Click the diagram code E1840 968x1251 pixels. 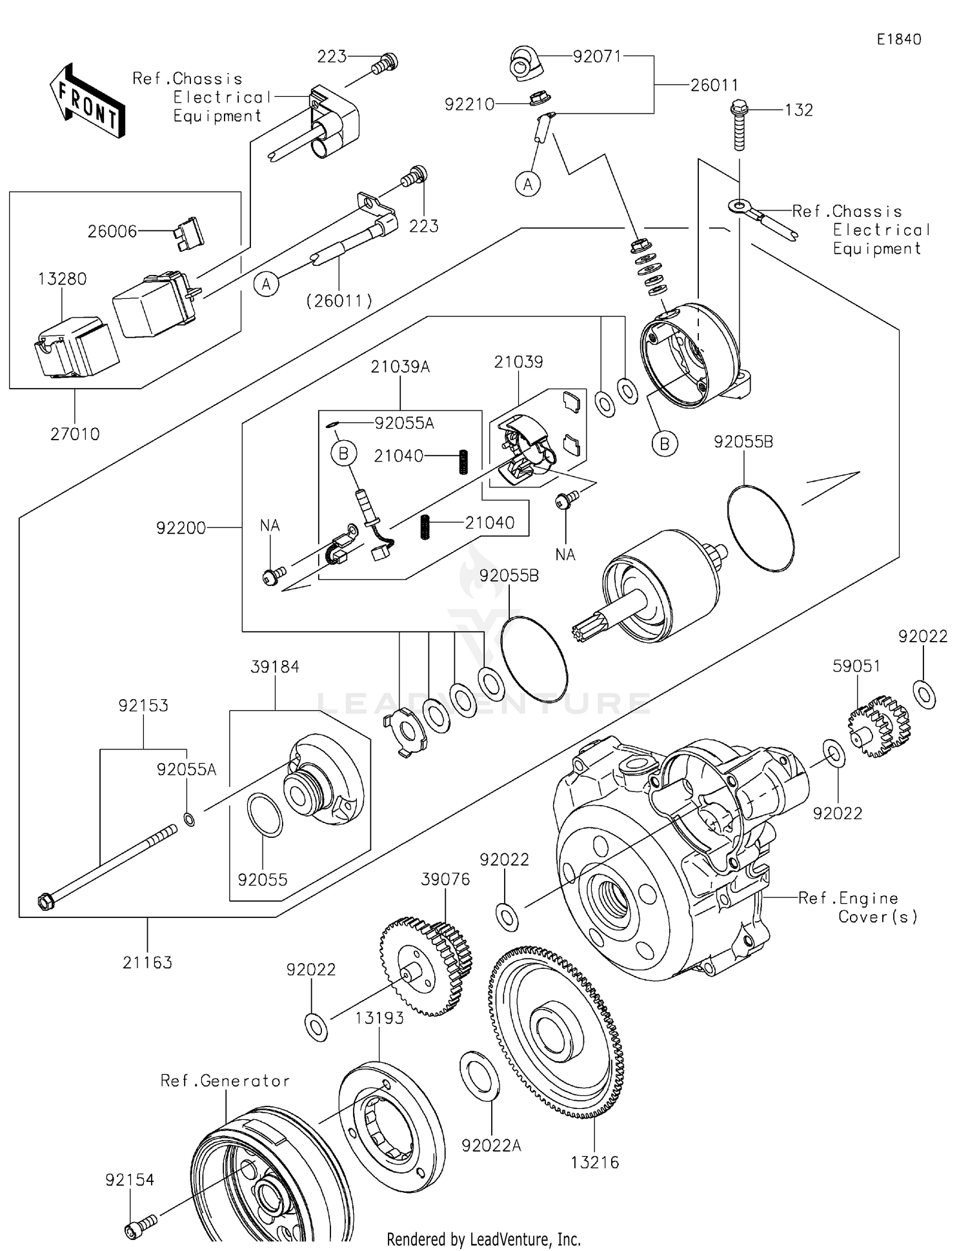point(898,39)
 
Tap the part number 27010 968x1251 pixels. point(75,434)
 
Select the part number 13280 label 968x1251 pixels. point(62,279)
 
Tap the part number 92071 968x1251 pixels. point(597,57)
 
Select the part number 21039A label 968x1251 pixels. point(400,367)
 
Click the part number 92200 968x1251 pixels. point(181,528)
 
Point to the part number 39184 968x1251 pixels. point(275,667)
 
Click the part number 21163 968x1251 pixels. point(147,962)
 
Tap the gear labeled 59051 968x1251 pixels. point(879,726)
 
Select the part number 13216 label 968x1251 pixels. point(594,1163)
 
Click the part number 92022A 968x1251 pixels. point(491,1145)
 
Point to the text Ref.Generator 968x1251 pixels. point(225,1081)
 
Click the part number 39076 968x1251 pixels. point(445,879)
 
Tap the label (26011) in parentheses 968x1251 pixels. point(339,300)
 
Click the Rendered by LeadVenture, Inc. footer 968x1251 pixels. point(483,1239)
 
